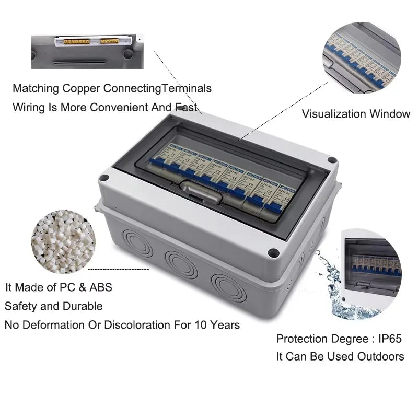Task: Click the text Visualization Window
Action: [x=356, y=114]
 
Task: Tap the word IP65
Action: [x=388, y=339]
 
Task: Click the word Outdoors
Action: [x=380, y=356]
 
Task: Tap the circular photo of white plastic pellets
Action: [x=64, y=238]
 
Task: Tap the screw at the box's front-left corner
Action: [x=103, y=179]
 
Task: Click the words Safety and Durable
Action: [x=54, y=306]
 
